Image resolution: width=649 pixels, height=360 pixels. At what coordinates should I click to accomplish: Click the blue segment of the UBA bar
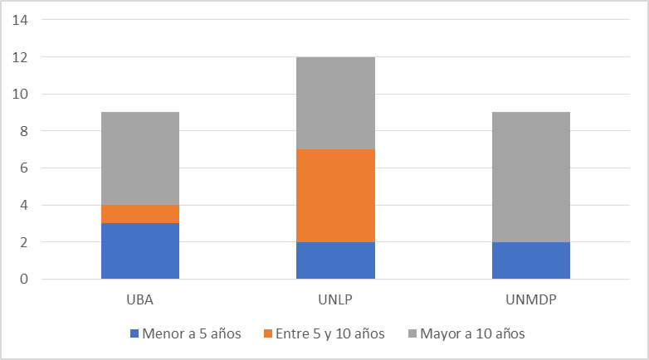pyautogui.click(x=140, y=251)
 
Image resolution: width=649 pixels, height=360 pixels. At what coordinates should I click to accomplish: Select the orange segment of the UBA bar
pyautogui.click(x=140, y=214)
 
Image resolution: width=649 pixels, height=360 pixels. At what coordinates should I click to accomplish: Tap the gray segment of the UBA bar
pyautogui.click(x=140, y=158)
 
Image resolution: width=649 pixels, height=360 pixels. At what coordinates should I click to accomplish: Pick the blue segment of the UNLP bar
pyautogui.click(x=335, y=260)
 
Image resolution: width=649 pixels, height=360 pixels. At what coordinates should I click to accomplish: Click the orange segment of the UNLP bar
pyautogui.click(x=335, y=196)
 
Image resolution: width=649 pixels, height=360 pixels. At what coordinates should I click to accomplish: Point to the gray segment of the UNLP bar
pyautogui.click(x=335, y=103)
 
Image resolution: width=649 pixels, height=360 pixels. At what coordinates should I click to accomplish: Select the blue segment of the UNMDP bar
pyautogui.click(x=530, y=260)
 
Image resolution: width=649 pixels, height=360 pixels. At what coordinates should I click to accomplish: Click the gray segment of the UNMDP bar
pyautogui.click(x=530, y=177)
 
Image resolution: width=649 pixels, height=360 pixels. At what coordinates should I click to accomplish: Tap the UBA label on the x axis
pyautogui.click(x=140, y=298)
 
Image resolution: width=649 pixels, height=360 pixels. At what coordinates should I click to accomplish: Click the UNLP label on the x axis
pyautogui.click(x=335, y=298)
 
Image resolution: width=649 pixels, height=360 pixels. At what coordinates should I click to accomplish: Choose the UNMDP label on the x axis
pyautogui.click(x=530, y=298)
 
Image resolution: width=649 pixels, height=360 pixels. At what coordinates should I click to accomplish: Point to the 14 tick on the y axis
pyautogui.click(x=20, y=21)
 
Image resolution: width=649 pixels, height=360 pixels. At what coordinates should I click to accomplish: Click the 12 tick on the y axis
pyautogui.click(x=20, y=57)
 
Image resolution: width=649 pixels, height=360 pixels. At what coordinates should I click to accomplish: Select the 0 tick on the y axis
pyautogui.click(x=23, y=280)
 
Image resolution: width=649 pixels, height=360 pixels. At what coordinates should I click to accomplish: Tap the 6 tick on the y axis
pyautogui.click(x=23, y=168)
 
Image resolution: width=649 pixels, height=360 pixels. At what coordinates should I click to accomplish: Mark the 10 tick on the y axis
pyautogui.click(x=20, y=95)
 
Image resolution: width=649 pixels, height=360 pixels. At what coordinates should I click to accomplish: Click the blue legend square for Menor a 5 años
pyautogui.click(x=134, y=334)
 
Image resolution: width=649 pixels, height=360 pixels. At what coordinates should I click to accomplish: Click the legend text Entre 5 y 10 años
pyautogui.click(x=329, y=334)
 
